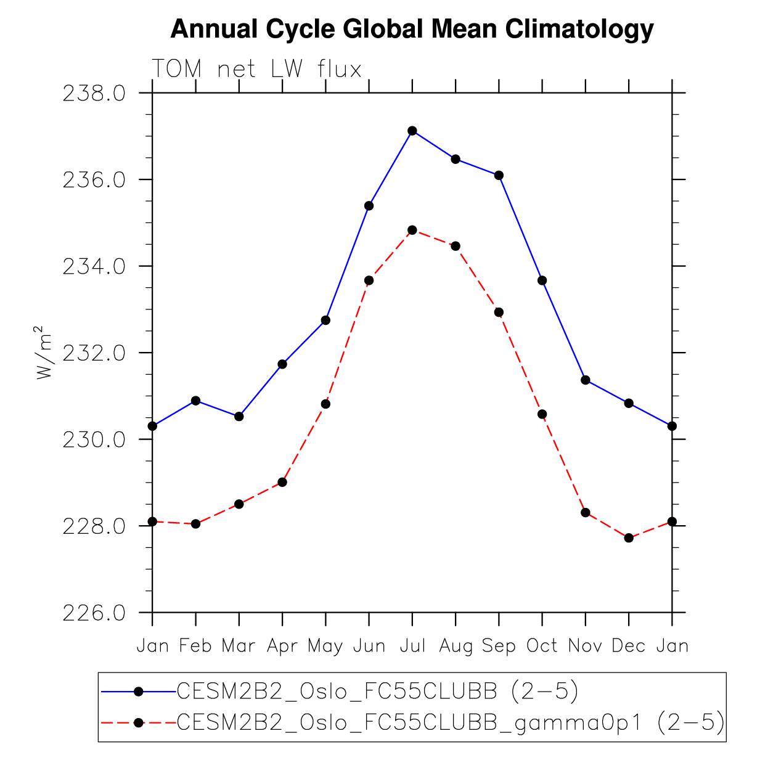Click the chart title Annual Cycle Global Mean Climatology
pos(412,29)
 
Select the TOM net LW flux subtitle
pos(256,69)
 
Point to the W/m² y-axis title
pos(44,353)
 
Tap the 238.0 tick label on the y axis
pos(94,94)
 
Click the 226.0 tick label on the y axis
pos(94,613)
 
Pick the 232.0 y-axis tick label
pos(94,353)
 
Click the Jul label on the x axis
pos(412,646)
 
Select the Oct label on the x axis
pos(542,646)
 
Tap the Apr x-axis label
pos(282,646)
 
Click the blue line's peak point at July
pos(412,131)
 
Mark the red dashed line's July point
pos(412,230)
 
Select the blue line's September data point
pos(499,175)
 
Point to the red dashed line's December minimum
pos(629,537)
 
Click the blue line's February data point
pos(196,401)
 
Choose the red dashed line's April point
pos(282,482)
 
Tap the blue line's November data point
pos(586,380)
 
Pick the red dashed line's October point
pos(542,414)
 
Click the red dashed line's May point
pos(325,404)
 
